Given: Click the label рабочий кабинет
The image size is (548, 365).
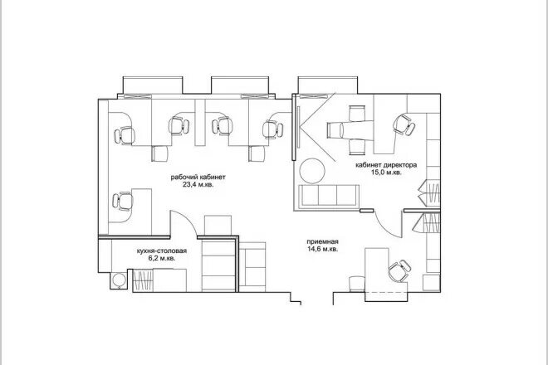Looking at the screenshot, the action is (198, 177).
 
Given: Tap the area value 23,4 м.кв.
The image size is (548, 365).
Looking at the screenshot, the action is (198, 184).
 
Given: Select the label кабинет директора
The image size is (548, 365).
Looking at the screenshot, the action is (386, 165).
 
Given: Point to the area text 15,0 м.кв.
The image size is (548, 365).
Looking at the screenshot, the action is (386, 173).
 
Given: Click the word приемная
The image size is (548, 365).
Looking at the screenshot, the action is (323, 241).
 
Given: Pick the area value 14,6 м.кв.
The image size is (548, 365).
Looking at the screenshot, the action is (323, 249).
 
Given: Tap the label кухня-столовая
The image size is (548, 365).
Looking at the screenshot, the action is (162, 251).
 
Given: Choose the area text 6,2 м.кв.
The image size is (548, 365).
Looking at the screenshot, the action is (162, 259).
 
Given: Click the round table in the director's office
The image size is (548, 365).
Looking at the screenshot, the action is (312, 171).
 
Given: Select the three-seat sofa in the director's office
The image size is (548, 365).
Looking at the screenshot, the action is (329, 196).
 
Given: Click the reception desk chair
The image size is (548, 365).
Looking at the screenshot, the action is (399, 270).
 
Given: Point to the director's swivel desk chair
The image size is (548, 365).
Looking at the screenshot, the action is (404, 124).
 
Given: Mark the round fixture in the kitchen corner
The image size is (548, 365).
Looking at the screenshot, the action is (120, 280).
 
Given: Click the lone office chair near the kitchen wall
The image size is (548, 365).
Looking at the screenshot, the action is (123, 202).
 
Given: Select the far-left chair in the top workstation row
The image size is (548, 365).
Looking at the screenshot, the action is (125, 135).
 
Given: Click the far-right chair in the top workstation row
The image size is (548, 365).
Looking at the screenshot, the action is (272, 129).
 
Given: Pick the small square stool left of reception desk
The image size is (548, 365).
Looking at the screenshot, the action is (357, 283).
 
